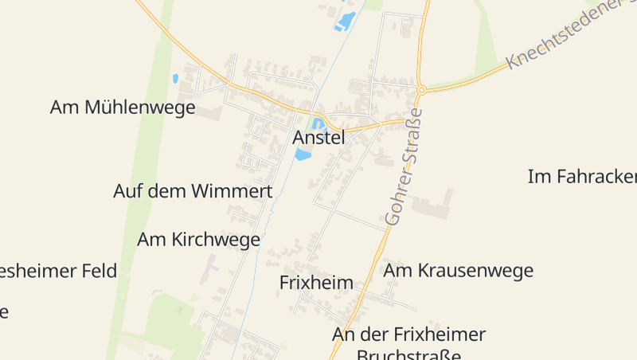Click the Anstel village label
tap(318, 138)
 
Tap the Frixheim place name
tap(316, 283)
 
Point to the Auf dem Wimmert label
tap(193, 191)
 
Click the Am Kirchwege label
tap(198, 239)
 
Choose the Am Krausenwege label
tap(458, 272)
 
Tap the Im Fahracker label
tap(582, 176)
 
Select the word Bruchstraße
tap(409, 354)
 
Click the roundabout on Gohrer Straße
tap(421, 90)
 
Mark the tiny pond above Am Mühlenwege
tap(175, 79)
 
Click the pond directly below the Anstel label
tap(303, 155)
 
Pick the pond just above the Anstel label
tap(318, 124)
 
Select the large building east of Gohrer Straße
tap(431, 206)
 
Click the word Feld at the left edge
tap(100, 271)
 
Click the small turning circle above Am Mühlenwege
tap(197, 92)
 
